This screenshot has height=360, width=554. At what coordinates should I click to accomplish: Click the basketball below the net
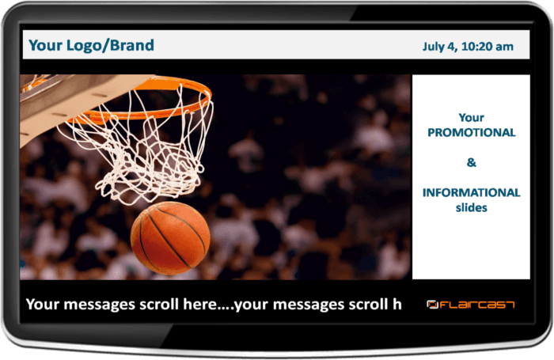click(170, 237)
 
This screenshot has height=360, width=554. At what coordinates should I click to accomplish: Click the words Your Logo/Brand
click(91, 45)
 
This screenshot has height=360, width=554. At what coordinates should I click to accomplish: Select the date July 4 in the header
click(442, 47)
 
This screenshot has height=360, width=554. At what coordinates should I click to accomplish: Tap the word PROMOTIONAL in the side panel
click(471, 132)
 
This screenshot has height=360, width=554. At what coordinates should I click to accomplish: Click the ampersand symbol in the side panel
click(471, 163)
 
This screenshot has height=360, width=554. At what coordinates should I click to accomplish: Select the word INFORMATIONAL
click(471, 192)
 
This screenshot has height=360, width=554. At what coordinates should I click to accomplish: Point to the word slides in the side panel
click(471, 207)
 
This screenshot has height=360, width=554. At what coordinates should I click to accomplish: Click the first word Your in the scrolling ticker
click(43, 304)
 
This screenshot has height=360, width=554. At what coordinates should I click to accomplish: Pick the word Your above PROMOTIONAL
click(471, 118)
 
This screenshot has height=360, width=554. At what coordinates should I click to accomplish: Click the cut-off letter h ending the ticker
click(397, 304)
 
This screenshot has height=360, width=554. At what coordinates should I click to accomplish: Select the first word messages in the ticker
click(98, 305)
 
